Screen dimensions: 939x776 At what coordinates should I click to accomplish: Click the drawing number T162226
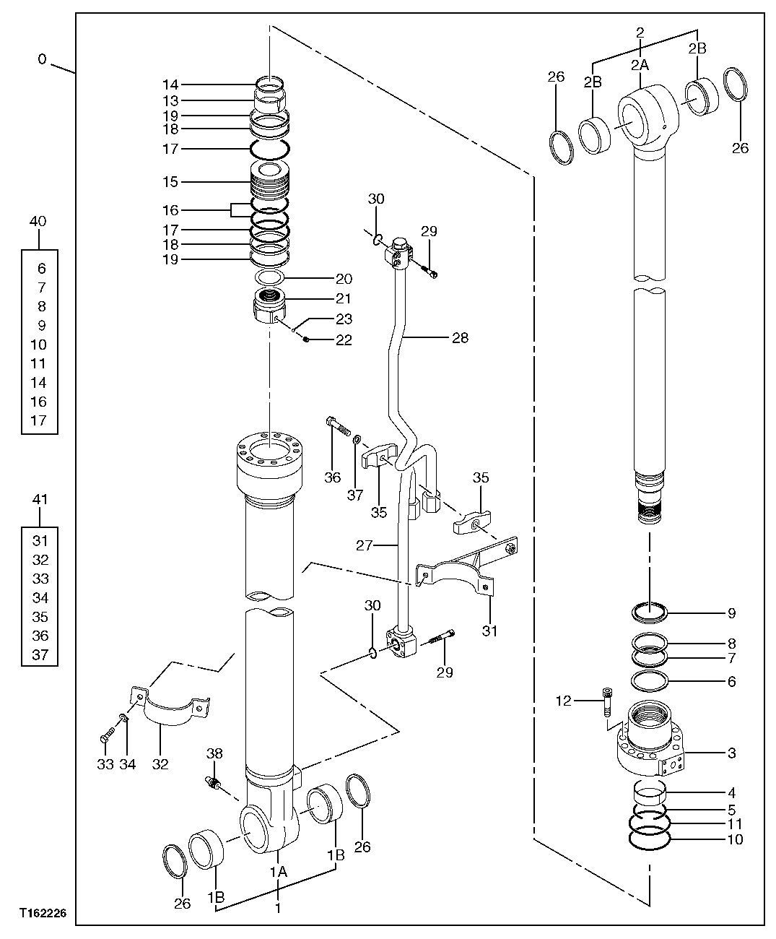point(43,914)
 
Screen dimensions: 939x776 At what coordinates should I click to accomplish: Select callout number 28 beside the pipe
point(461,337)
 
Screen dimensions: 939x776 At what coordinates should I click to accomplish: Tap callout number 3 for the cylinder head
point(731,753)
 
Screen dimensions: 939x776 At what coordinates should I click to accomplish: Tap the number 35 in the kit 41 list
point(40,617)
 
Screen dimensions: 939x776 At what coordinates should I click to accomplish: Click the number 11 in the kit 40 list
point(40,363)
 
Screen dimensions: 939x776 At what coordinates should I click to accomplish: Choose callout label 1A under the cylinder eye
point(279,872)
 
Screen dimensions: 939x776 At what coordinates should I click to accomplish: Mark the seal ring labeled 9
point(649,613)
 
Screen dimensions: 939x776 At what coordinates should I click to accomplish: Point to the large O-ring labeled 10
point(649,839)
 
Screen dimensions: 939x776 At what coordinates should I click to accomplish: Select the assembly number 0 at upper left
point(42,59)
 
